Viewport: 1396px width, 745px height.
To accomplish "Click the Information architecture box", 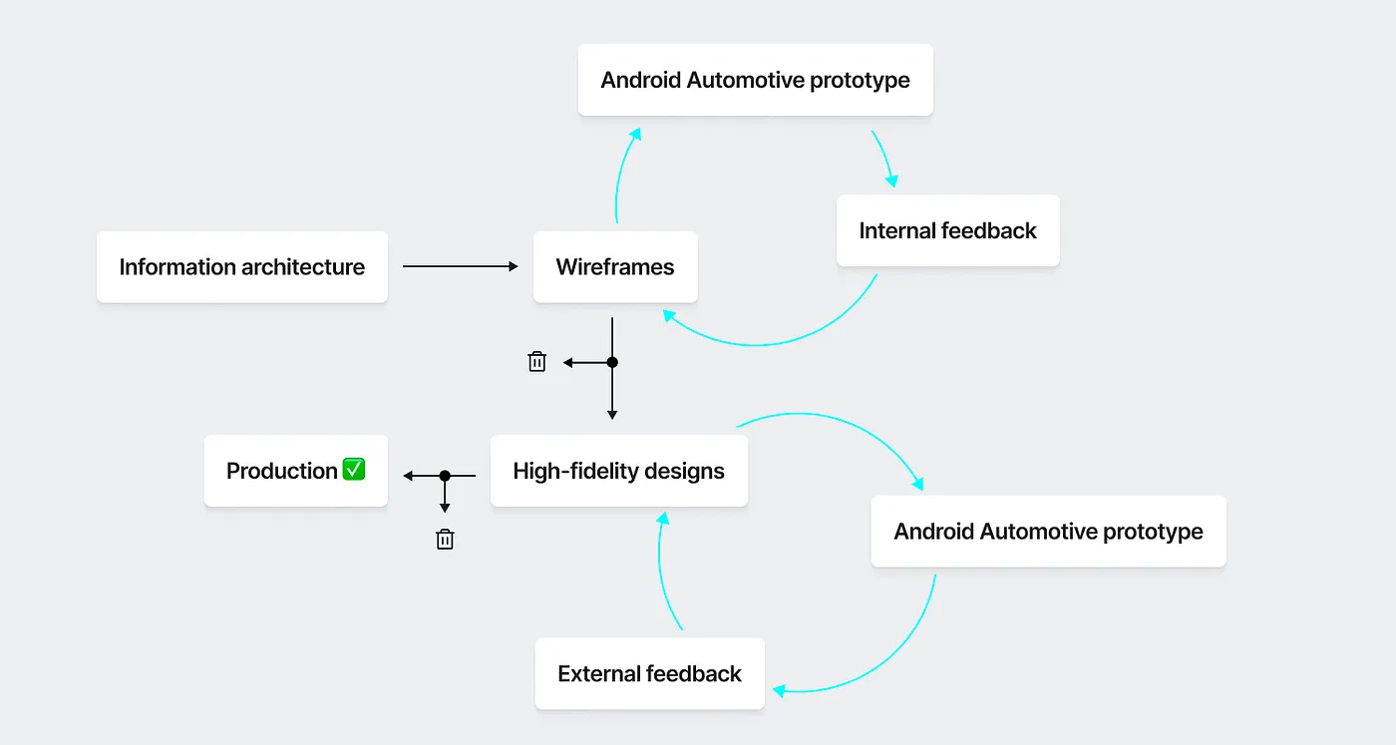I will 241,267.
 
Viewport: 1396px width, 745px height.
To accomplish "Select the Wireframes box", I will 615,267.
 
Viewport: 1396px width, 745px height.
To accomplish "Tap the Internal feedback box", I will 947,230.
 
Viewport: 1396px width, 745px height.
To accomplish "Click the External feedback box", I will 649,674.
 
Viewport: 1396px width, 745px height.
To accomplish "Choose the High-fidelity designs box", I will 618,471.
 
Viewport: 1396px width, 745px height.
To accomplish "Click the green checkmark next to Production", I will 354,469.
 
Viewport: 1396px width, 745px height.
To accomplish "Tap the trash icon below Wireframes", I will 536,362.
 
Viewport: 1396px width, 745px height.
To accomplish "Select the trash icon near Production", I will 445,540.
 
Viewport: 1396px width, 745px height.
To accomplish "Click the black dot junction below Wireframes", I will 612,362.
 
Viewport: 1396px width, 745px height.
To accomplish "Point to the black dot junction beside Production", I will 445,476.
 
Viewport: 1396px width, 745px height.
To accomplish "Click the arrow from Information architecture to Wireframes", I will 460,266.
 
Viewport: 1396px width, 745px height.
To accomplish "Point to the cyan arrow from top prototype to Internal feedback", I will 884,158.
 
